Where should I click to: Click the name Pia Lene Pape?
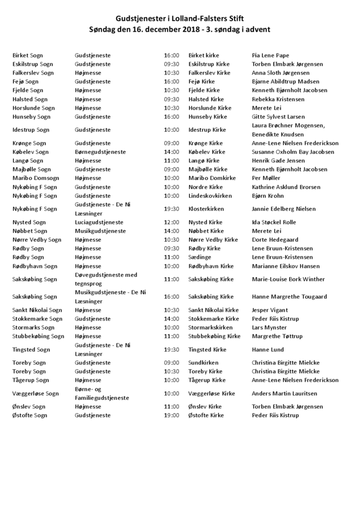pyautogui.click(x=270, y=55)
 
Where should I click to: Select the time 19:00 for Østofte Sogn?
pyautogui.click(x=171, y=415)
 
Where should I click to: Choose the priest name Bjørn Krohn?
pyautogui.click(x=267, y=196)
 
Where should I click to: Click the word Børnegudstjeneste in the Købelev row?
pyautogui.click(x=100, y=152)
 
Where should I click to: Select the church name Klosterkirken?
pyautogui.click(x=206, y=209)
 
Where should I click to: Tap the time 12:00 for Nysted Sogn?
pyautogui.click(x=171, y=222)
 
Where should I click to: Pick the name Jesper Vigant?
pyautogui.click(x=269, y=310)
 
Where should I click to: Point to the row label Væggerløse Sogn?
pyautogui.click(x=35, y=393)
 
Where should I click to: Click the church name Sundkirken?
pyautogui.click(x=203, y=363)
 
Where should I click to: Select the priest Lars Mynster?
pyautogui.click(x=269, y=327)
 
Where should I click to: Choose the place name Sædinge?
pyautogui.click(x=200, y=257)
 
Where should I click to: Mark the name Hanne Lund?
pyautogui.click(x=267, y=350)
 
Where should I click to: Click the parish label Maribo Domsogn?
pyautogui.click(x=35, y=178)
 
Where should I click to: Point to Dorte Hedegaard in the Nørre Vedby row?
pyautogui.click(x=275, y=239)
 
